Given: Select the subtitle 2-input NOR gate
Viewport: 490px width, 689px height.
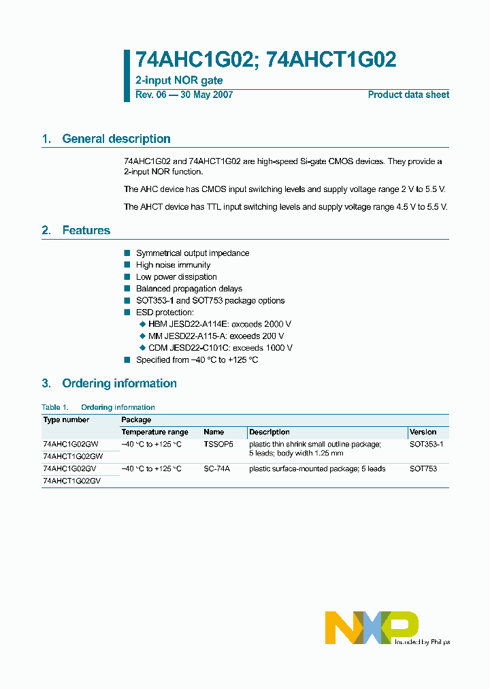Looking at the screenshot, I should pyautogui.click(x=179, y=81).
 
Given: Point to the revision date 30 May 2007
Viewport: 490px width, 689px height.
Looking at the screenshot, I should pyautogui.click(x=206, y=95).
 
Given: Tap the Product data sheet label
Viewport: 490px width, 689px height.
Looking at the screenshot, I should pyautogui.click(x=408, y=95).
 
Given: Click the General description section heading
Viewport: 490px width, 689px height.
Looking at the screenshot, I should pyautogui.click(x=116, y=139).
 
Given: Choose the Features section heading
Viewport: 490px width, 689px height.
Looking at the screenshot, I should pyautogui.click(x=86, y=231).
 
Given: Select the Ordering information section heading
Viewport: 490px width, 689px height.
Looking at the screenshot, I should pyautogui.click(x=119, y=383).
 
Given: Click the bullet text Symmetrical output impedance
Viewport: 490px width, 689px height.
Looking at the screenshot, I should pyautogui.click(x=193, y=253).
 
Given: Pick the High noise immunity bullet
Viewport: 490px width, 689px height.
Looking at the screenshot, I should pyautogui.click(x=173, y=265).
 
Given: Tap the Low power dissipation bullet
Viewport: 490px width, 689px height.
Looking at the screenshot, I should pyautogui.click(x=176, y=277).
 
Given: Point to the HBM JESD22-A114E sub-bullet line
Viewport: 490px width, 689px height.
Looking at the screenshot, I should pyautogui.click(x=219, y=325).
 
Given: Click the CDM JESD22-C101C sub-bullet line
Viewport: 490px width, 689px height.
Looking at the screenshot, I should pyautogui.click(x=220, y=348).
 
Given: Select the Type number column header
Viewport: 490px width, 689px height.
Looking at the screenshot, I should pyautogui.click(x=67, y=420).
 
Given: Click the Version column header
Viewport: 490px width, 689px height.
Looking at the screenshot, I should pyautogui.click(x=423, y=432).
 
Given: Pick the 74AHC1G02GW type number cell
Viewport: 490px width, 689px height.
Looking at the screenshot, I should pyautogui.click(x=71, y=444).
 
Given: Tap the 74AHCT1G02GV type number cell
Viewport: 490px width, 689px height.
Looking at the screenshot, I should pyautogui.click(x=71, y=481).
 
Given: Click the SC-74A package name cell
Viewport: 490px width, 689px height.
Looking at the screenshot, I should pyautogui.click(x=216, y=468).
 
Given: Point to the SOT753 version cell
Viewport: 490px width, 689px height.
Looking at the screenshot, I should pyautogui.click(x=423, y=468).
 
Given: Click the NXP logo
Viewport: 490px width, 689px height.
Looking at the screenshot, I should pyautogui.click(x=371, y=627).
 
